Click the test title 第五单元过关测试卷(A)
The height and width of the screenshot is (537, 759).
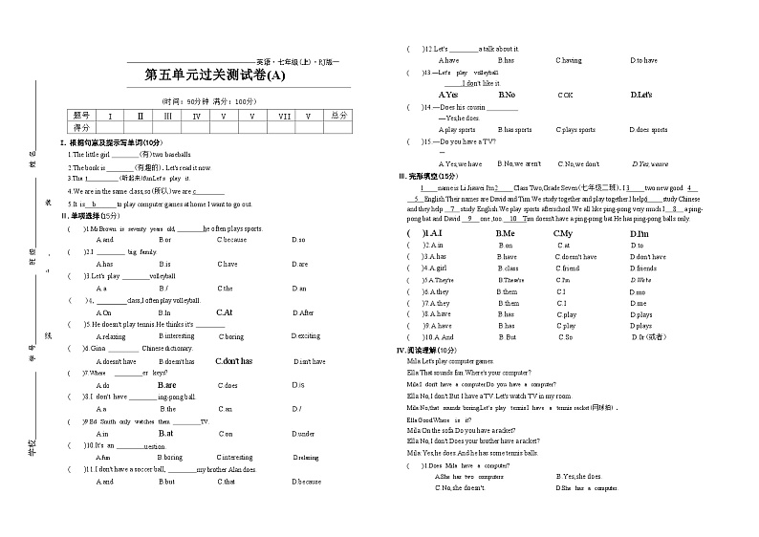214,75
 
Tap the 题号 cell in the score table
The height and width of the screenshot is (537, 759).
81,116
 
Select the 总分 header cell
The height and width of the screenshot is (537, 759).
337,116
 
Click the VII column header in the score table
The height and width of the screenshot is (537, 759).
284,117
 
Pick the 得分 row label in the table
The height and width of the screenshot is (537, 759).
81,127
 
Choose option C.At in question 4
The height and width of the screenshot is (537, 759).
225,312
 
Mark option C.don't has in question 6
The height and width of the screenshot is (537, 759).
233,361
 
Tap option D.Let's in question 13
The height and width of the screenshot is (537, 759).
641,95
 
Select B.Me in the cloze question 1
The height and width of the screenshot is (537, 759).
505,233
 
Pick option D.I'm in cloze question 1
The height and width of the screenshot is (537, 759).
639,233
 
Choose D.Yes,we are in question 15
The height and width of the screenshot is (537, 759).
650,163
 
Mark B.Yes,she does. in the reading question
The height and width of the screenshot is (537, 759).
579,476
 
